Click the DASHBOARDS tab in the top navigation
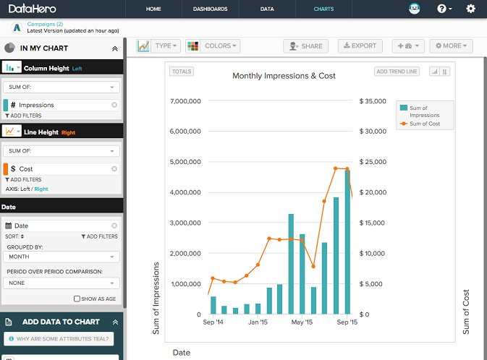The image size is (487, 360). pos(210,9)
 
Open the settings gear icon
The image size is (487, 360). pos(471,9)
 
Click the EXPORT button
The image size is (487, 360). pos(360,46)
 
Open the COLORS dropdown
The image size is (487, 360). pos(213,46)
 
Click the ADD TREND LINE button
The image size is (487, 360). pos(397,72)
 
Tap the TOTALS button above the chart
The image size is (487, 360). pos(181,72)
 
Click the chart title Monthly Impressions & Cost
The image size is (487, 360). pos(284,76)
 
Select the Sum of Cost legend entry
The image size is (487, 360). pos(425,124)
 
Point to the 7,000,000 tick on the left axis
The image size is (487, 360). pos(185,101)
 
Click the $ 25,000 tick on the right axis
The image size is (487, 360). pos(376,163)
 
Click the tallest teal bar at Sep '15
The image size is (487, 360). pos(347,246)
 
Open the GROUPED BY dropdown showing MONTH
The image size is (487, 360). pos(62,257)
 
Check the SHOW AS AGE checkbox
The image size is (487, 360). pos(77,299)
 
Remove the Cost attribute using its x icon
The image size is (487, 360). pos(114,168)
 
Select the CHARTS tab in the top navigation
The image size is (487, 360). pos(323,9)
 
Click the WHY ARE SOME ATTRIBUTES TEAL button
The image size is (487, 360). pos(58,339)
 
